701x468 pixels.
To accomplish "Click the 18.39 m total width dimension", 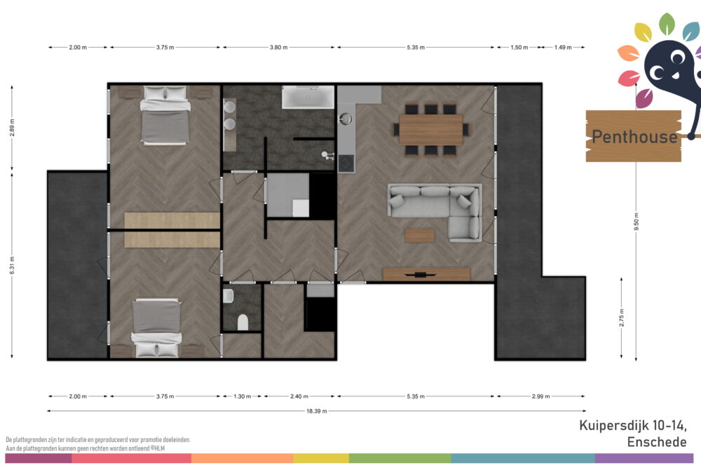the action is point(317,410).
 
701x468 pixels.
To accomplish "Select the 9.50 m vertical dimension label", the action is point(637,222).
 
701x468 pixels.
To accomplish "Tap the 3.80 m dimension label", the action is point(278,47).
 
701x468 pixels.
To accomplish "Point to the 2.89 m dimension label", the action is point(12,128).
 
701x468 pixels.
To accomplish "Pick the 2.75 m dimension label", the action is point(621,318).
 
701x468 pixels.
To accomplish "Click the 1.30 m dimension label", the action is point(243,396).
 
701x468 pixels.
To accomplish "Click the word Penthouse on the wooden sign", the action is point(634,136).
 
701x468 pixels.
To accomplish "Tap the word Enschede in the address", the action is point(657,442).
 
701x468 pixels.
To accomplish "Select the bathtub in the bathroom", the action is point(308,97).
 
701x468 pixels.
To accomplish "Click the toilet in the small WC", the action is point(243,322).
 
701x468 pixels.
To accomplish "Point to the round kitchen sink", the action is point(346,119).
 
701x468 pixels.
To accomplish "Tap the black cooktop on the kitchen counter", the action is point(346,163).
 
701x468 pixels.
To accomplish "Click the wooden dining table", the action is point(430,130).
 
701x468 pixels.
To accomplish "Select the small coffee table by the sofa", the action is point(419,235).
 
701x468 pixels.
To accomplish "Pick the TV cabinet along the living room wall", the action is point(426,274).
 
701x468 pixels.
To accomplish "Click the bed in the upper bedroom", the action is point(165,116).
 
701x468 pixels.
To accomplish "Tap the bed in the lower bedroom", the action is point(156,328).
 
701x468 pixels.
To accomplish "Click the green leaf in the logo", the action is point(667,24).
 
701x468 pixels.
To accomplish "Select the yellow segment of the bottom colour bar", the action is point(321,458).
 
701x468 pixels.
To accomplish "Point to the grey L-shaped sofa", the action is point(435,211).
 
